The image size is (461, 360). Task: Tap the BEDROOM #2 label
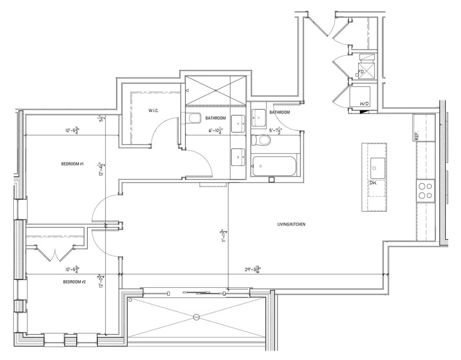pyautogui.click(x=74, y=282)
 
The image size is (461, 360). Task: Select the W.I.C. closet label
pyautogui.click(x=153, y=111)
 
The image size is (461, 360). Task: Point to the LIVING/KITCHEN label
pyautogui.click(x=291, y=224)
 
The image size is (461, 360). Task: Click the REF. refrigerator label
pyautogui.click(x=417, y=135)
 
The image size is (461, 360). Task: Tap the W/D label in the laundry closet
pyautogui.click(x=364, y=104)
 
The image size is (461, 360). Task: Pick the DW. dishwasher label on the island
pyautogui.click(x=373, y=183)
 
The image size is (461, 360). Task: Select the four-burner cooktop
pyautogui.click(x=425, y=191)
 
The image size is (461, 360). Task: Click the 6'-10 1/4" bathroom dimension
pyautogui.click(x=216, y=130)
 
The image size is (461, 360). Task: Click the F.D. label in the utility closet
pyautogui.click(x=361, y=72)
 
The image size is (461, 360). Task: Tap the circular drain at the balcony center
pyautogui.click(x=196, y=317)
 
